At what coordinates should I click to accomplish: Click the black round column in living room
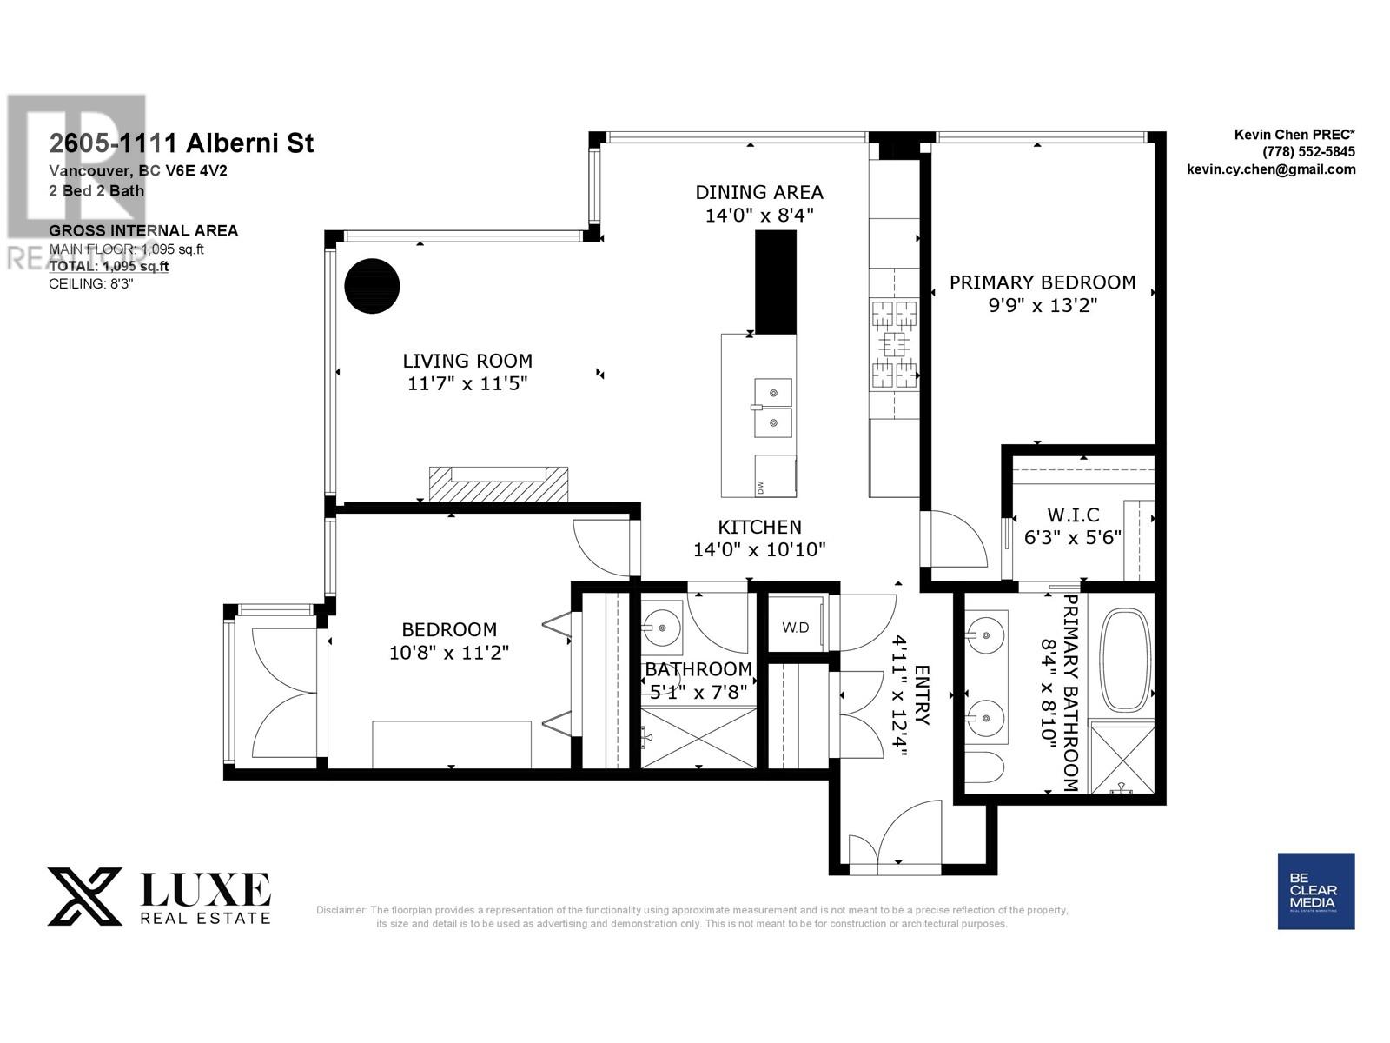pyautogui.click(x=372, y=285)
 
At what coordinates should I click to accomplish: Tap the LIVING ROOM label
pyautogui.click(x=467, y=361)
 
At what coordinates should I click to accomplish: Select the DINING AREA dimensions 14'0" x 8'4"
pyautogui.click(x=758, y=215)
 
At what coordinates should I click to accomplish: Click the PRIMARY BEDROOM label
pyautogui.click(x=1042, y=282)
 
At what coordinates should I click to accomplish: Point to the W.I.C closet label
pyautogui.click(x=1073, y=515)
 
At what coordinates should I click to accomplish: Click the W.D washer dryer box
pyautogui.click(x=795, y=627)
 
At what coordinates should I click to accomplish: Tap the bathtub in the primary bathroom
pyautogui.click(x=1126, y=661)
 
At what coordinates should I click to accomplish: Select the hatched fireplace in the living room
pyautogui.click(x=498, y=484)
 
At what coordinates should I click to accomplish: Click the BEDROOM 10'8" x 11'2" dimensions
pyautogui.click(x=448, y=652)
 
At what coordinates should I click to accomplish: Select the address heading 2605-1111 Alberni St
pyautogui.click(x=182, y=143)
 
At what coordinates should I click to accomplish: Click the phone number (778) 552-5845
pyautogui.click(x=1308, y=151)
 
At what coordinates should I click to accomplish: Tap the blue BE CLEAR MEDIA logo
pyautogui.click(x=1315, y=891)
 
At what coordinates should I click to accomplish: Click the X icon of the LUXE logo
pyautogui.click(x=84, y=896)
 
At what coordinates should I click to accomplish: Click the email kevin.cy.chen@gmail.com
pyautogui.click(x=1270, y=169)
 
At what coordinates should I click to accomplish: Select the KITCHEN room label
pyautogui.click(x=758, y=527)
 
